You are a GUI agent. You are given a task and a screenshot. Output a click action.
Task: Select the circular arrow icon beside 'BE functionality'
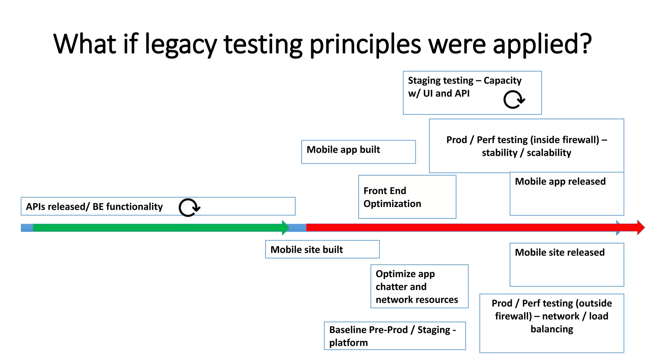point(189,207)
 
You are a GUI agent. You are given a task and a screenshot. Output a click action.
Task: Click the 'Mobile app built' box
point(358,152)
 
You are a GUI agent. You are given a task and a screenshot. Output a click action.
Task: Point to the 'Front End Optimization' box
point(407,197)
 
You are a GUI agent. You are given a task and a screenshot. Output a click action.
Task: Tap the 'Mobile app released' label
point(560,181)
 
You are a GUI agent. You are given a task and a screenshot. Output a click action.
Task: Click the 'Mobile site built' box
point(322,249)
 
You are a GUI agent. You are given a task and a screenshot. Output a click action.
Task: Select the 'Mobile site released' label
point(560,252)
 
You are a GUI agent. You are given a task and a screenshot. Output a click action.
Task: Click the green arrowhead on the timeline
point(285,228)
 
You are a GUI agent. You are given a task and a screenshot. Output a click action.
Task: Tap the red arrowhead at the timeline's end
point(640,228)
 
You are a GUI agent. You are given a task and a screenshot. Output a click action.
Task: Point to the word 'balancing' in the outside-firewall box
point(552,329)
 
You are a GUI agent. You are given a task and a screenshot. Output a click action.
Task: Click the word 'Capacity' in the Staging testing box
point(502,81)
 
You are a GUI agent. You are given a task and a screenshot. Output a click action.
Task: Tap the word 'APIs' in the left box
point(36,207)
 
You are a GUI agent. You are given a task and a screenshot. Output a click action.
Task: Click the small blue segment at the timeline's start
point(27,228)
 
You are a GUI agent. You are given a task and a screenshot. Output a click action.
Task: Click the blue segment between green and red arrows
point(298,228)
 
